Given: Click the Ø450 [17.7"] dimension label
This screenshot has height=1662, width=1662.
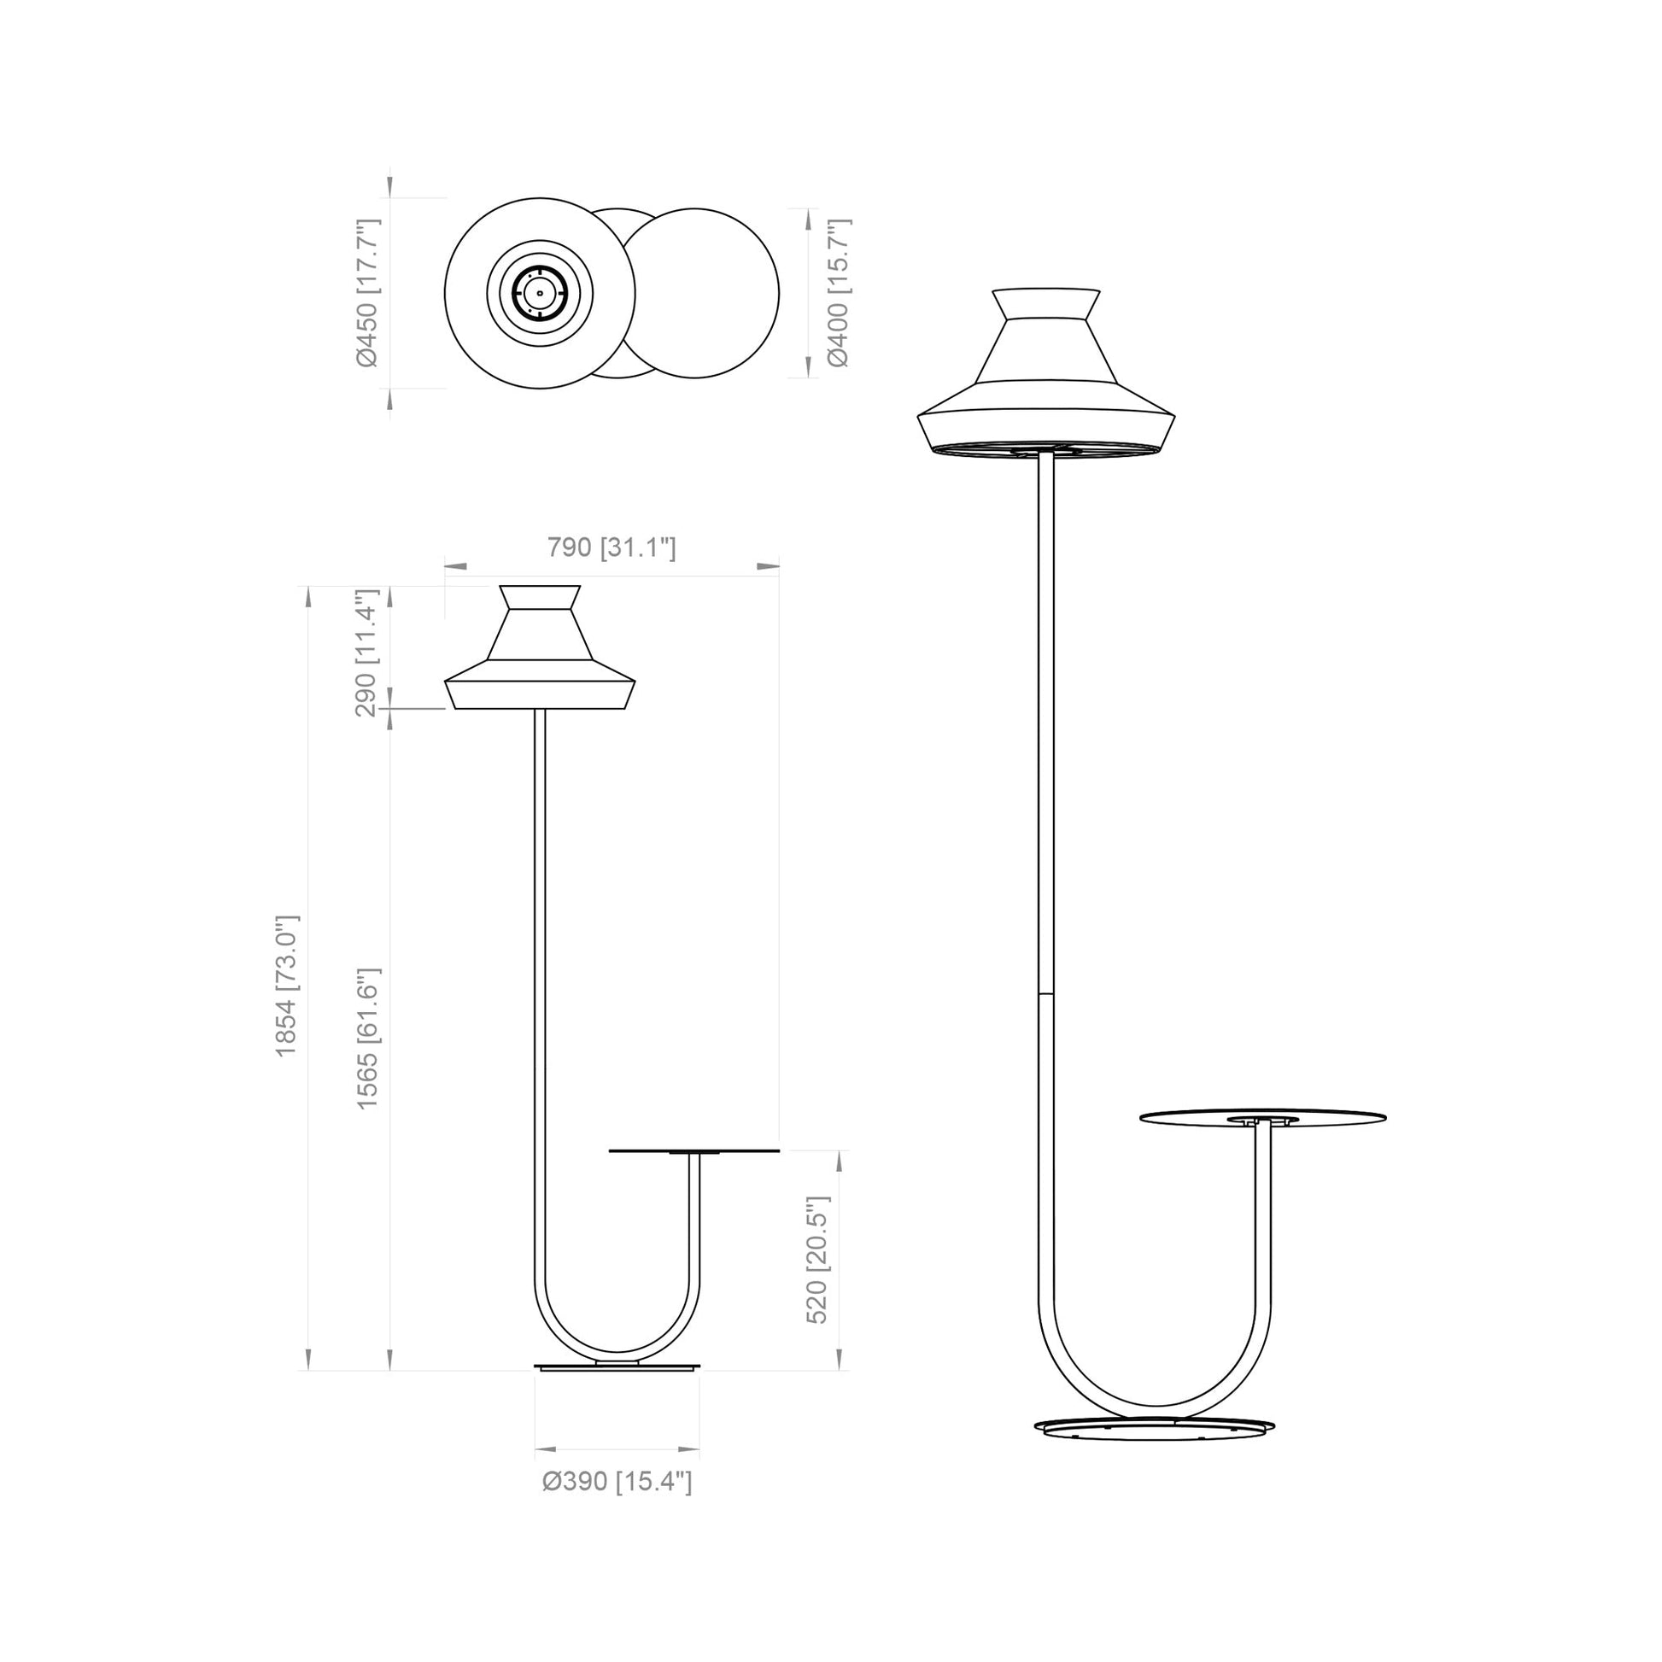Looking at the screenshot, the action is pos(367,292).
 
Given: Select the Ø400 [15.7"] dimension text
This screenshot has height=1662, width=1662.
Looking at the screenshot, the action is pos(838,292).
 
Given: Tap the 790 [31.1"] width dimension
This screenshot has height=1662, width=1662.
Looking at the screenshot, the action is pos(612,547).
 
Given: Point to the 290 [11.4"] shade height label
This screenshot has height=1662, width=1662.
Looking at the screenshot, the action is pos(367,653).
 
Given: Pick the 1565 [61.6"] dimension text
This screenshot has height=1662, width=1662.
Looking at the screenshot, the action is pos(367,1039).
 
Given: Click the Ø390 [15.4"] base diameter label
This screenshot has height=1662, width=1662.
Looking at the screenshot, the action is pos(617,1481).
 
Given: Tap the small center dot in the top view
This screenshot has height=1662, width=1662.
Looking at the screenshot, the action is pos(540,293).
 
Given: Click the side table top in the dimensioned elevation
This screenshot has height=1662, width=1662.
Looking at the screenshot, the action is pos(694,1151).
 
